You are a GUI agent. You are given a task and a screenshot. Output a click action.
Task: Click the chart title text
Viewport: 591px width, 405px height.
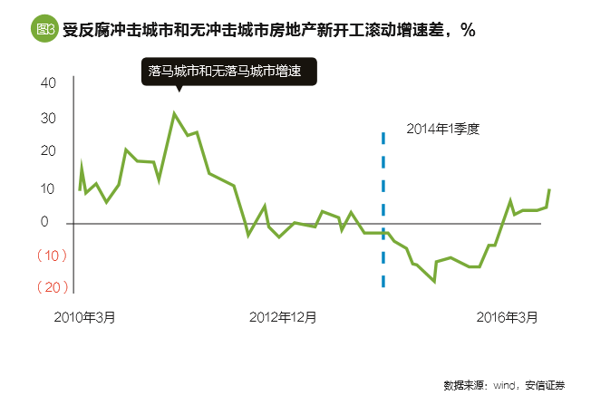[x=269, y=29]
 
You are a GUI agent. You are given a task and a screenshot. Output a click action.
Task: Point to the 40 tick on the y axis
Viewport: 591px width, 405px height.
[x=48, y=82]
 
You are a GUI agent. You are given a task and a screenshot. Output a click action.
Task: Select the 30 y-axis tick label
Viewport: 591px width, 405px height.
[x=48, y=118]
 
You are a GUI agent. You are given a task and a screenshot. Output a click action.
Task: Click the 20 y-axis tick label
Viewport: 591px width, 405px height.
[x=48, y=152]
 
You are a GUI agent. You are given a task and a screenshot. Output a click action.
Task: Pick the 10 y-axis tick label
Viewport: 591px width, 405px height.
[x=48, y=188]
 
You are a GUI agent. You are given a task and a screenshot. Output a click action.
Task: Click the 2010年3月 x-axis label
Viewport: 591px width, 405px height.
[x=84, y=317]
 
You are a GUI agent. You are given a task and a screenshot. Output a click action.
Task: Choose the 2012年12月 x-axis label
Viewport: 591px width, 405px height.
[x=283, y=317]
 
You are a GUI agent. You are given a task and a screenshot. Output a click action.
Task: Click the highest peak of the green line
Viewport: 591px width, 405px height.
[x=174, y=113]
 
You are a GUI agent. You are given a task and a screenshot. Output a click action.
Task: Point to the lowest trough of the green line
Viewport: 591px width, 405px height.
[x=435, y=282]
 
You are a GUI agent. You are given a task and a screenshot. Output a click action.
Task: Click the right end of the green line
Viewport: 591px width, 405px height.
[x=549, y=189]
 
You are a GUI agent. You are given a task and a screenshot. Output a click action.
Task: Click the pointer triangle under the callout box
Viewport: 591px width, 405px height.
[x=179, y=89]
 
